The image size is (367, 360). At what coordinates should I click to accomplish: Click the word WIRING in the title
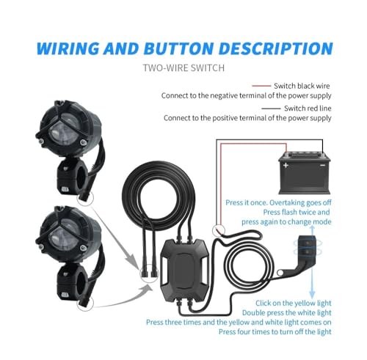68,48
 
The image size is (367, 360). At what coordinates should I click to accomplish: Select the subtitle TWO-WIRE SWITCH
183,67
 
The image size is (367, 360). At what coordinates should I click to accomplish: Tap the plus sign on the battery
286,166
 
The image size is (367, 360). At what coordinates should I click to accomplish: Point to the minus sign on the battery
322,165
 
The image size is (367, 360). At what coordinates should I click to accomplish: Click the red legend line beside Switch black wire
261,86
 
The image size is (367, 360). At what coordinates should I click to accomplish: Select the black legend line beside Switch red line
271,109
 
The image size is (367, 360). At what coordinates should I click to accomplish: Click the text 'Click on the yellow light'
294,303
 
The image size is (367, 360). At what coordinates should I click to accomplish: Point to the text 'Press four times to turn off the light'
275,331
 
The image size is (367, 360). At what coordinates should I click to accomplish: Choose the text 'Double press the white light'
287,312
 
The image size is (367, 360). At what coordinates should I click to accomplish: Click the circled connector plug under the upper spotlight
85,198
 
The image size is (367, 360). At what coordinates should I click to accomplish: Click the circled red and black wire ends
219,230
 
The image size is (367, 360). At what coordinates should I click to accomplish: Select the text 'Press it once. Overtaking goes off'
278,202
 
